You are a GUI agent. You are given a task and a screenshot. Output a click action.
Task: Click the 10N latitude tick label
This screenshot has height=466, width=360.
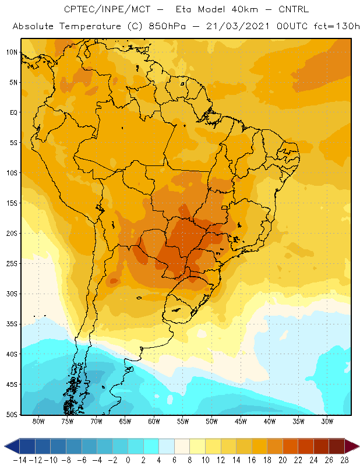click(12, 52)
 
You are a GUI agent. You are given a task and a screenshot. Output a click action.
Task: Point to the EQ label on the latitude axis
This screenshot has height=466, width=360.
click(13, 112)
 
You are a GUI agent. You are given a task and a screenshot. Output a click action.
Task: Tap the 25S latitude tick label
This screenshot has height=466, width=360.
click(12, 264)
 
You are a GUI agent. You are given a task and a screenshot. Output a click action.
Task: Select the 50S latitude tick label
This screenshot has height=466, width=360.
click(12, 414)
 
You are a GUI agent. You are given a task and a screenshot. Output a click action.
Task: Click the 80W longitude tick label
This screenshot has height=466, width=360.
click(38, 421)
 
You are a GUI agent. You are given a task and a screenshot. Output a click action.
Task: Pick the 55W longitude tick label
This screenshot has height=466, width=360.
click(183, 421)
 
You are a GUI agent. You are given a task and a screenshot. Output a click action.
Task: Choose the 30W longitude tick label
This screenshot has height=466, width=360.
click(327, 421)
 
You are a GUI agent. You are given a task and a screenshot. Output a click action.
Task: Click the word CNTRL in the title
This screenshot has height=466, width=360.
click(294, 9)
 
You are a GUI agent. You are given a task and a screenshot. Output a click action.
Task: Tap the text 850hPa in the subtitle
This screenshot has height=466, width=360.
click(167, 26)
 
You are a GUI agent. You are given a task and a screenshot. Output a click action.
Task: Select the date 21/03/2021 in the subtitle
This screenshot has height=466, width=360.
click(238, 26)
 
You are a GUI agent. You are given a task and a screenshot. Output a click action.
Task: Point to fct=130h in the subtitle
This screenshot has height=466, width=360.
click(337, 26)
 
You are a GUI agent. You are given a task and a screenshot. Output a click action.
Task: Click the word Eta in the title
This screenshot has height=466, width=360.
click(183, 9)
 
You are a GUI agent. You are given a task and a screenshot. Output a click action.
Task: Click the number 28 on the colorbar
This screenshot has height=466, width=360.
click(344, 460)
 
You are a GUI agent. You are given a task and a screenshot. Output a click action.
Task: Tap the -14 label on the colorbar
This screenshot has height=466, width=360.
click(20, 460)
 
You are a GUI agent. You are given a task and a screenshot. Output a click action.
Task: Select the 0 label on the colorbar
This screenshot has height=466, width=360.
click(128, 460)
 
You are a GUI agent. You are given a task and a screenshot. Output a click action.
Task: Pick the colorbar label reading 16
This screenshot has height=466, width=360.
click(252, 460)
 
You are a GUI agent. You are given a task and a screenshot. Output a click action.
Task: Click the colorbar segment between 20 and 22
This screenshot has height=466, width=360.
click(291, 446)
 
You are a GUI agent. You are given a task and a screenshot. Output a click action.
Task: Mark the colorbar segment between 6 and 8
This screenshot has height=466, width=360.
click(182, 446)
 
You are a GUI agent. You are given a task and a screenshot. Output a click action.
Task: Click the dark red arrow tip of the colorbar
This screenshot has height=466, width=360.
click(352, 446)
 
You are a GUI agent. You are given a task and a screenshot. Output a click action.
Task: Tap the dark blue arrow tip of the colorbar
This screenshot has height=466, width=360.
click(12, 446)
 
